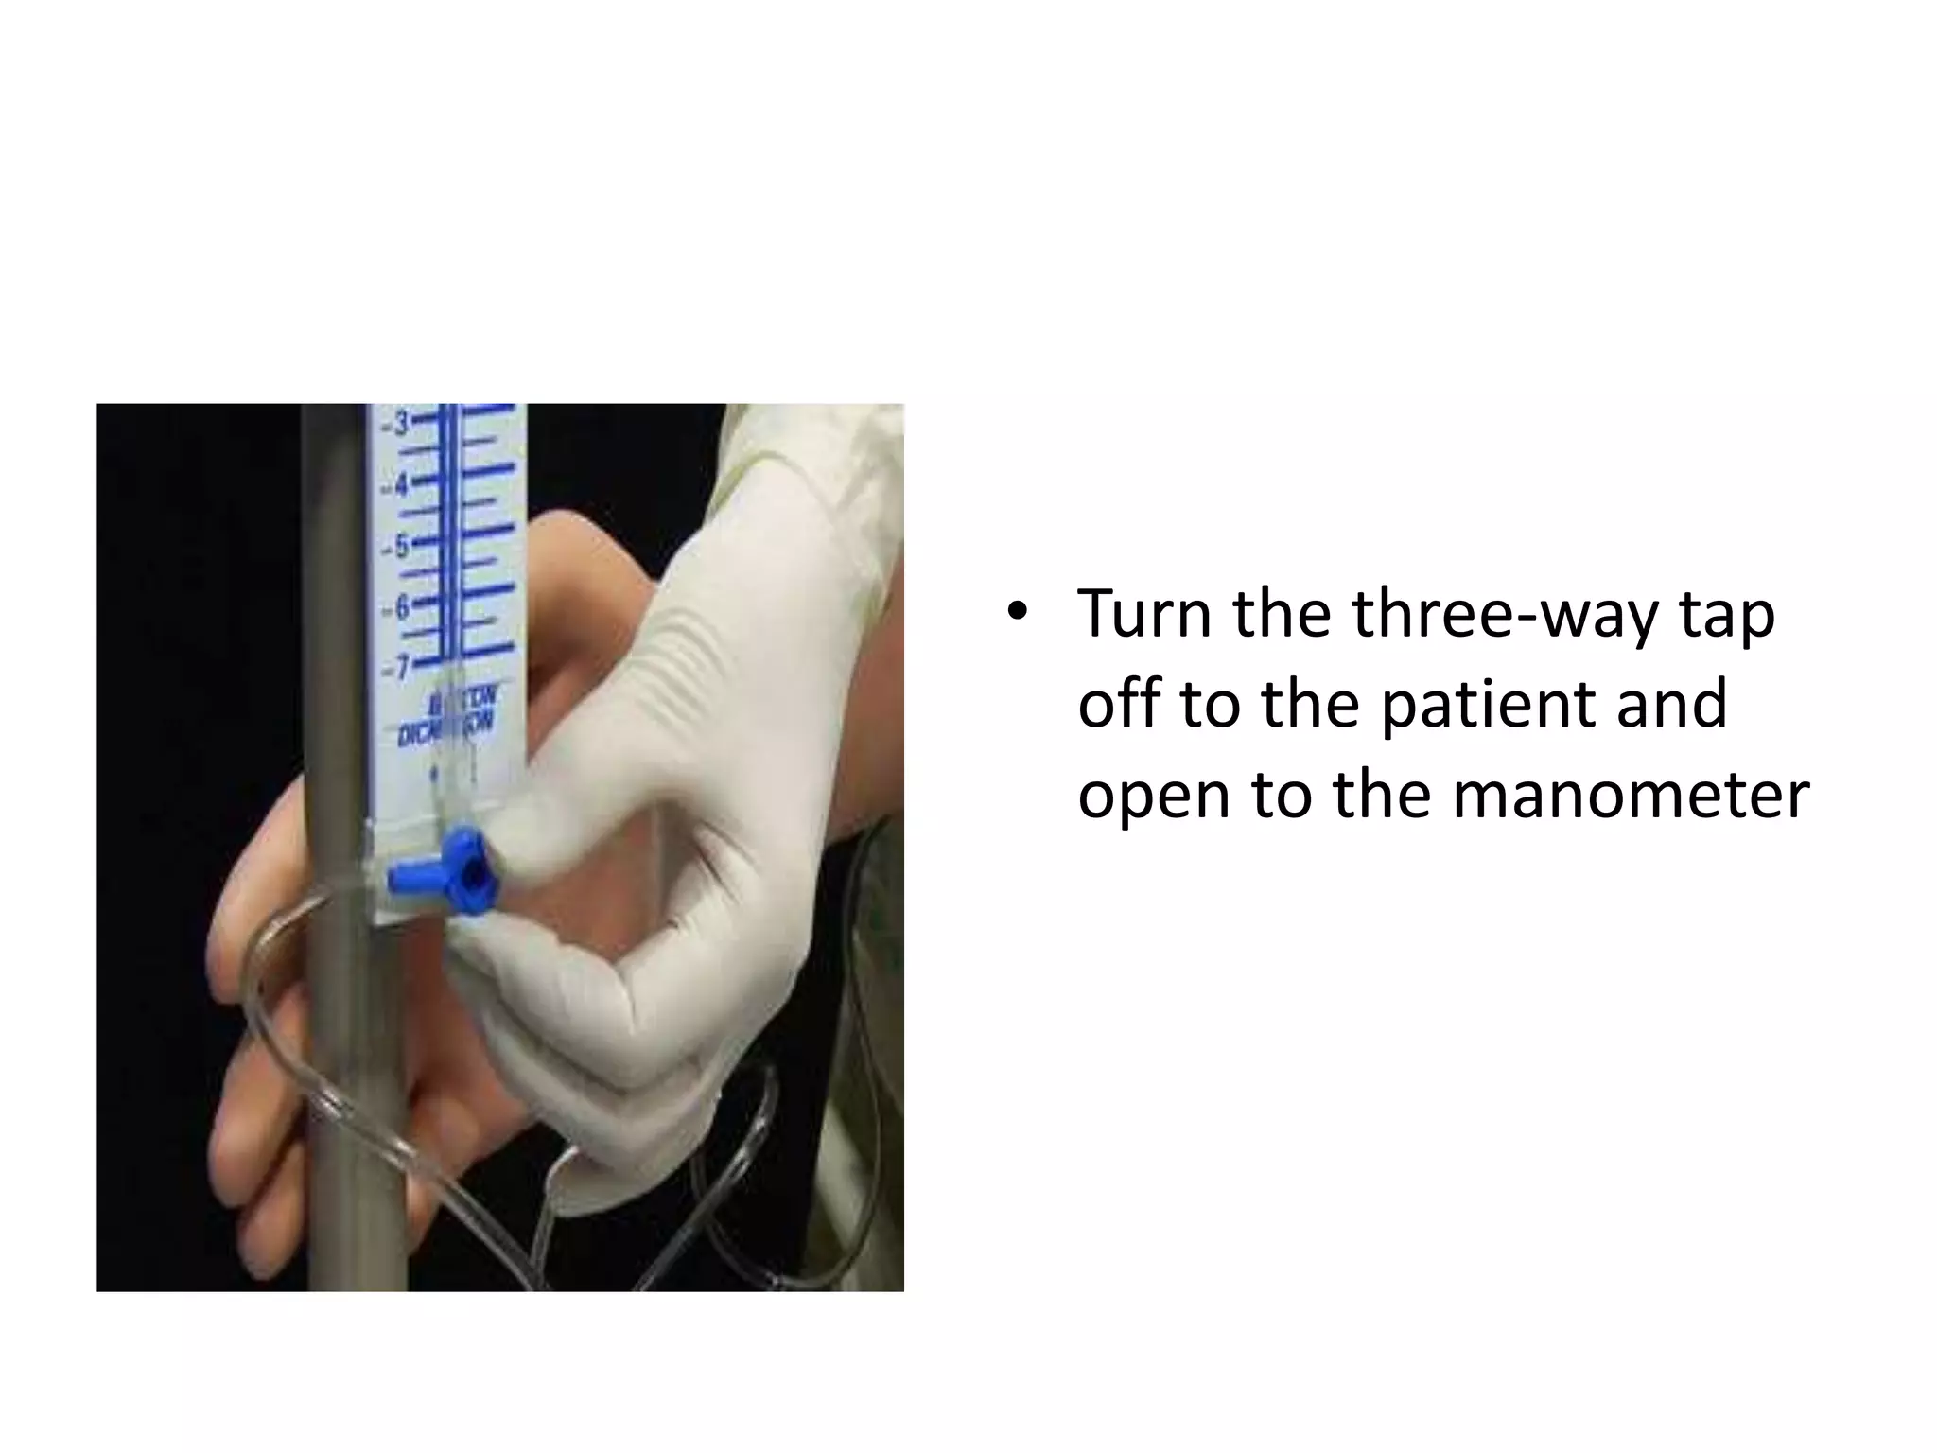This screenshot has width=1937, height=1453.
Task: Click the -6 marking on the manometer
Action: coord(398,608)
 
